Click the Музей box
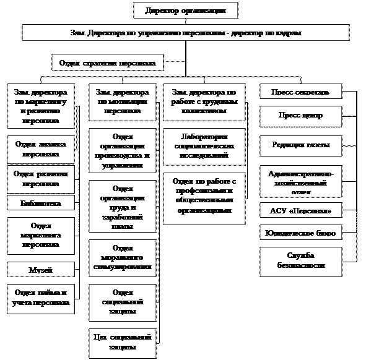pos(40,270)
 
